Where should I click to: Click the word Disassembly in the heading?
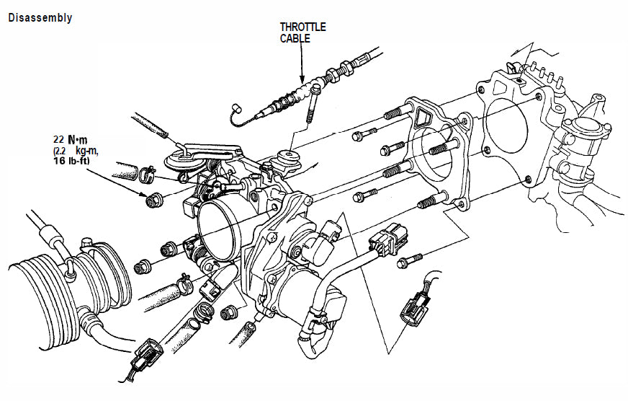40,18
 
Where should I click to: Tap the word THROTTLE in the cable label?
302,27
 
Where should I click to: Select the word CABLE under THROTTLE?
295,38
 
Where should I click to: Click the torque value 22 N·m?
69,139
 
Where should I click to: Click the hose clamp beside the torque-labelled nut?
147,174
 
